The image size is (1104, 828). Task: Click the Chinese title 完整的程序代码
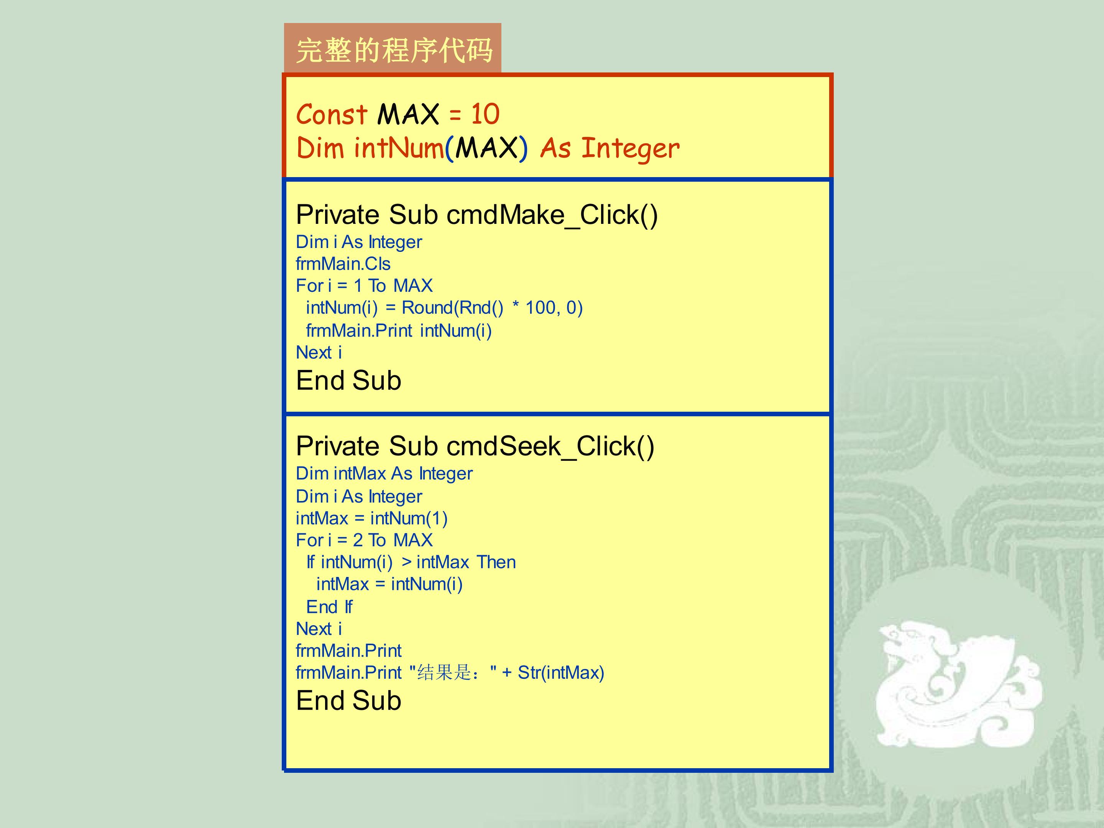[x=394, y=51]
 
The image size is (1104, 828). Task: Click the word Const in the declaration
[x=332, y=114]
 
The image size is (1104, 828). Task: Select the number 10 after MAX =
[x=485, y=114]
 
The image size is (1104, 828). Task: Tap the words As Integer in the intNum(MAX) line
[x=609, y=149]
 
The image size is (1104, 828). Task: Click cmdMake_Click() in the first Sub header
[x=552, y=215]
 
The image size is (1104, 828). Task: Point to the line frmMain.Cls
[x=343, y=263]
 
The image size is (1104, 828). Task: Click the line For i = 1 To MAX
[x=364, y=286]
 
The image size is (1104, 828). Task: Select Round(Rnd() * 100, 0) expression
[x=492, y=308]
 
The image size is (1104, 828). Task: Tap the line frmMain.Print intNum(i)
[x=399, y=330]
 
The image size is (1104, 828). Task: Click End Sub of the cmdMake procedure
[x=348, y=380]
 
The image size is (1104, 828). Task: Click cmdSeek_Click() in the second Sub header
[x=550, y=446]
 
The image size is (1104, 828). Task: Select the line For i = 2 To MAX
[x=364, y=540]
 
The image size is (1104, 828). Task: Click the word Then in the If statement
[x=496, y=562]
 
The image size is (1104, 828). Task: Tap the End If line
[x=329, y=607]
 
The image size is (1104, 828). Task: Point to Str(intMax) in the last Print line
[x=561, y=673]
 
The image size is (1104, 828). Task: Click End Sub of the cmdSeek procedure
[x=348, y=701]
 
